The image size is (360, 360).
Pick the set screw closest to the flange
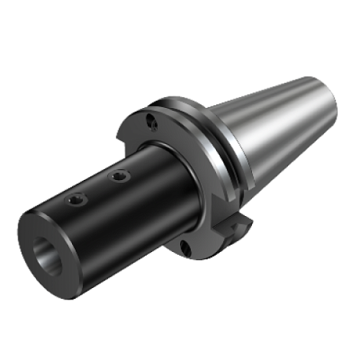117,177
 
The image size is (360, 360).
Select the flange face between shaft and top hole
165,136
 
